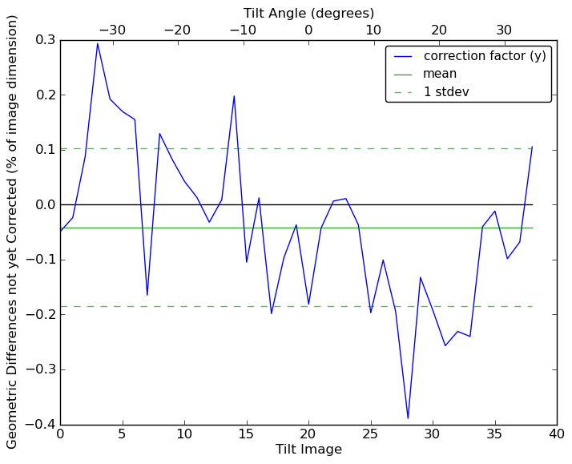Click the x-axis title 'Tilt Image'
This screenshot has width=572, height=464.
point(308,450)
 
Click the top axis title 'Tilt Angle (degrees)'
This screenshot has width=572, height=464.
point(308,13)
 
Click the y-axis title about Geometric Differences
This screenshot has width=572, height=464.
point(13,232)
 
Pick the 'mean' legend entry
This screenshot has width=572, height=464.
point(440,74)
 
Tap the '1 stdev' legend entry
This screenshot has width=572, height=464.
point(446,92)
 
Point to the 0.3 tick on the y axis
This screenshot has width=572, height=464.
point(43,40)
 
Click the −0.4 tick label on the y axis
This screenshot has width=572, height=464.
point(40,425)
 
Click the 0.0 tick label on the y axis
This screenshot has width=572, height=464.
point(43,205)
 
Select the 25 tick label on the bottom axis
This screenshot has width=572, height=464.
point(370,434)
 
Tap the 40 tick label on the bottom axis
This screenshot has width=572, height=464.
point(557,434)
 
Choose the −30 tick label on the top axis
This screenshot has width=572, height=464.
point(112,30)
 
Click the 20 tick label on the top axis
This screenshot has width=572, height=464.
point(439,30)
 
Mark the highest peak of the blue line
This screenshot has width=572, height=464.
point(98,43)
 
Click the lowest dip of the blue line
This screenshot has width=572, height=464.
point(408,418)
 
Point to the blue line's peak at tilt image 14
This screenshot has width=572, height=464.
point(234,96)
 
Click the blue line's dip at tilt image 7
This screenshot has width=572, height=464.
point(147,295)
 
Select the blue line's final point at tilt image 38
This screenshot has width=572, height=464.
point(532,147)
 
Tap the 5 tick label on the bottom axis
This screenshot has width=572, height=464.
point(122,434)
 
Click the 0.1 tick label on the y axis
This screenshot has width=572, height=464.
point(43,150)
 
